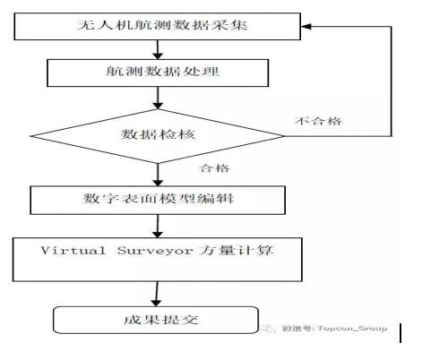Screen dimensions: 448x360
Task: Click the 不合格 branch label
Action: [318, 121]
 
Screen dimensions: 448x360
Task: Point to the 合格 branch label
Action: [214, 168]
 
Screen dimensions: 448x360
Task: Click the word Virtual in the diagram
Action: [73, 250]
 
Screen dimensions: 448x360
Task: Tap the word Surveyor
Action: [155, 251]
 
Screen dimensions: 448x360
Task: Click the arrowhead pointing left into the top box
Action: [306, 27]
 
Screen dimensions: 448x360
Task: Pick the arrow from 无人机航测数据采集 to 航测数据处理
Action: [158, 49]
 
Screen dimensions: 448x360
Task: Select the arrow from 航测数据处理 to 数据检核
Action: [158, 98]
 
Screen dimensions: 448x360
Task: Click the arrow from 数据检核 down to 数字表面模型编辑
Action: [158, 175]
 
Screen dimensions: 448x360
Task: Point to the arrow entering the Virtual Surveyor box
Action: [158, 227]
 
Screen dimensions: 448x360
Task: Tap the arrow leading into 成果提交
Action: [156, 294]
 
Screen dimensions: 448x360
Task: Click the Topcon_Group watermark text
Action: [352, 329]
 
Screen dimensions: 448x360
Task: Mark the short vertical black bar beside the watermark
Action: [401, 333]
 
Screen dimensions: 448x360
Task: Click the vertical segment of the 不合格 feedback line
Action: [391, 81]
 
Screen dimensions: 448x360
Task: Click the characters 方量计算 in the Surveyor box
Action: [236, 250]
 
